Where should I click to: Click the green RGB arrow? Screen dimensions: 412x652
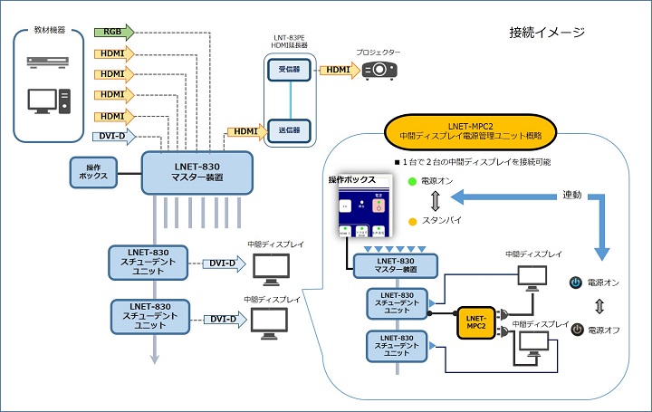coord(113,32)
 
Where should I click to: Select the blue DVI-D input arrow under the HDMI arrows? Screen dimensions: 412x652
coord(113,137)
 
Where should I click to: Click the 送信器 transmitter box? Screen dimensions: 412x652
coord(291,129)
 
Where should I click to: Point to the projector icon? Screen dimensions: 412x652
coord(379,70)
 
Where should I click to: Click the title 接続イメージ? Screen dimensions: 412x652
coord(547,32)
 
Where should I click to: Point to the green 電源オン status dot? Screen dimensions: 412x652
coord(411,181)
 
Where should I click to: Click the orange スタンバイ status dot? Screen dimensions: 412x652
coord(411,221)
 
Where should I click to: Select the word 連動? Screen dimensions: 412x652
coord(572,195)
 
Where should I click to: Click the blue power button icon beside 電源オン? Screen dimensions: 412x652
coord(575,283)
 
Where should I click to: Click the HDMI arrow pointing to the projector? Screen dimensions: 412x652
coord(338,70)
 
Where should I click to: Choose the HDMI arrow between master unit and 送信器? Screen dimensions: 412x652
coord(244,130)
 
